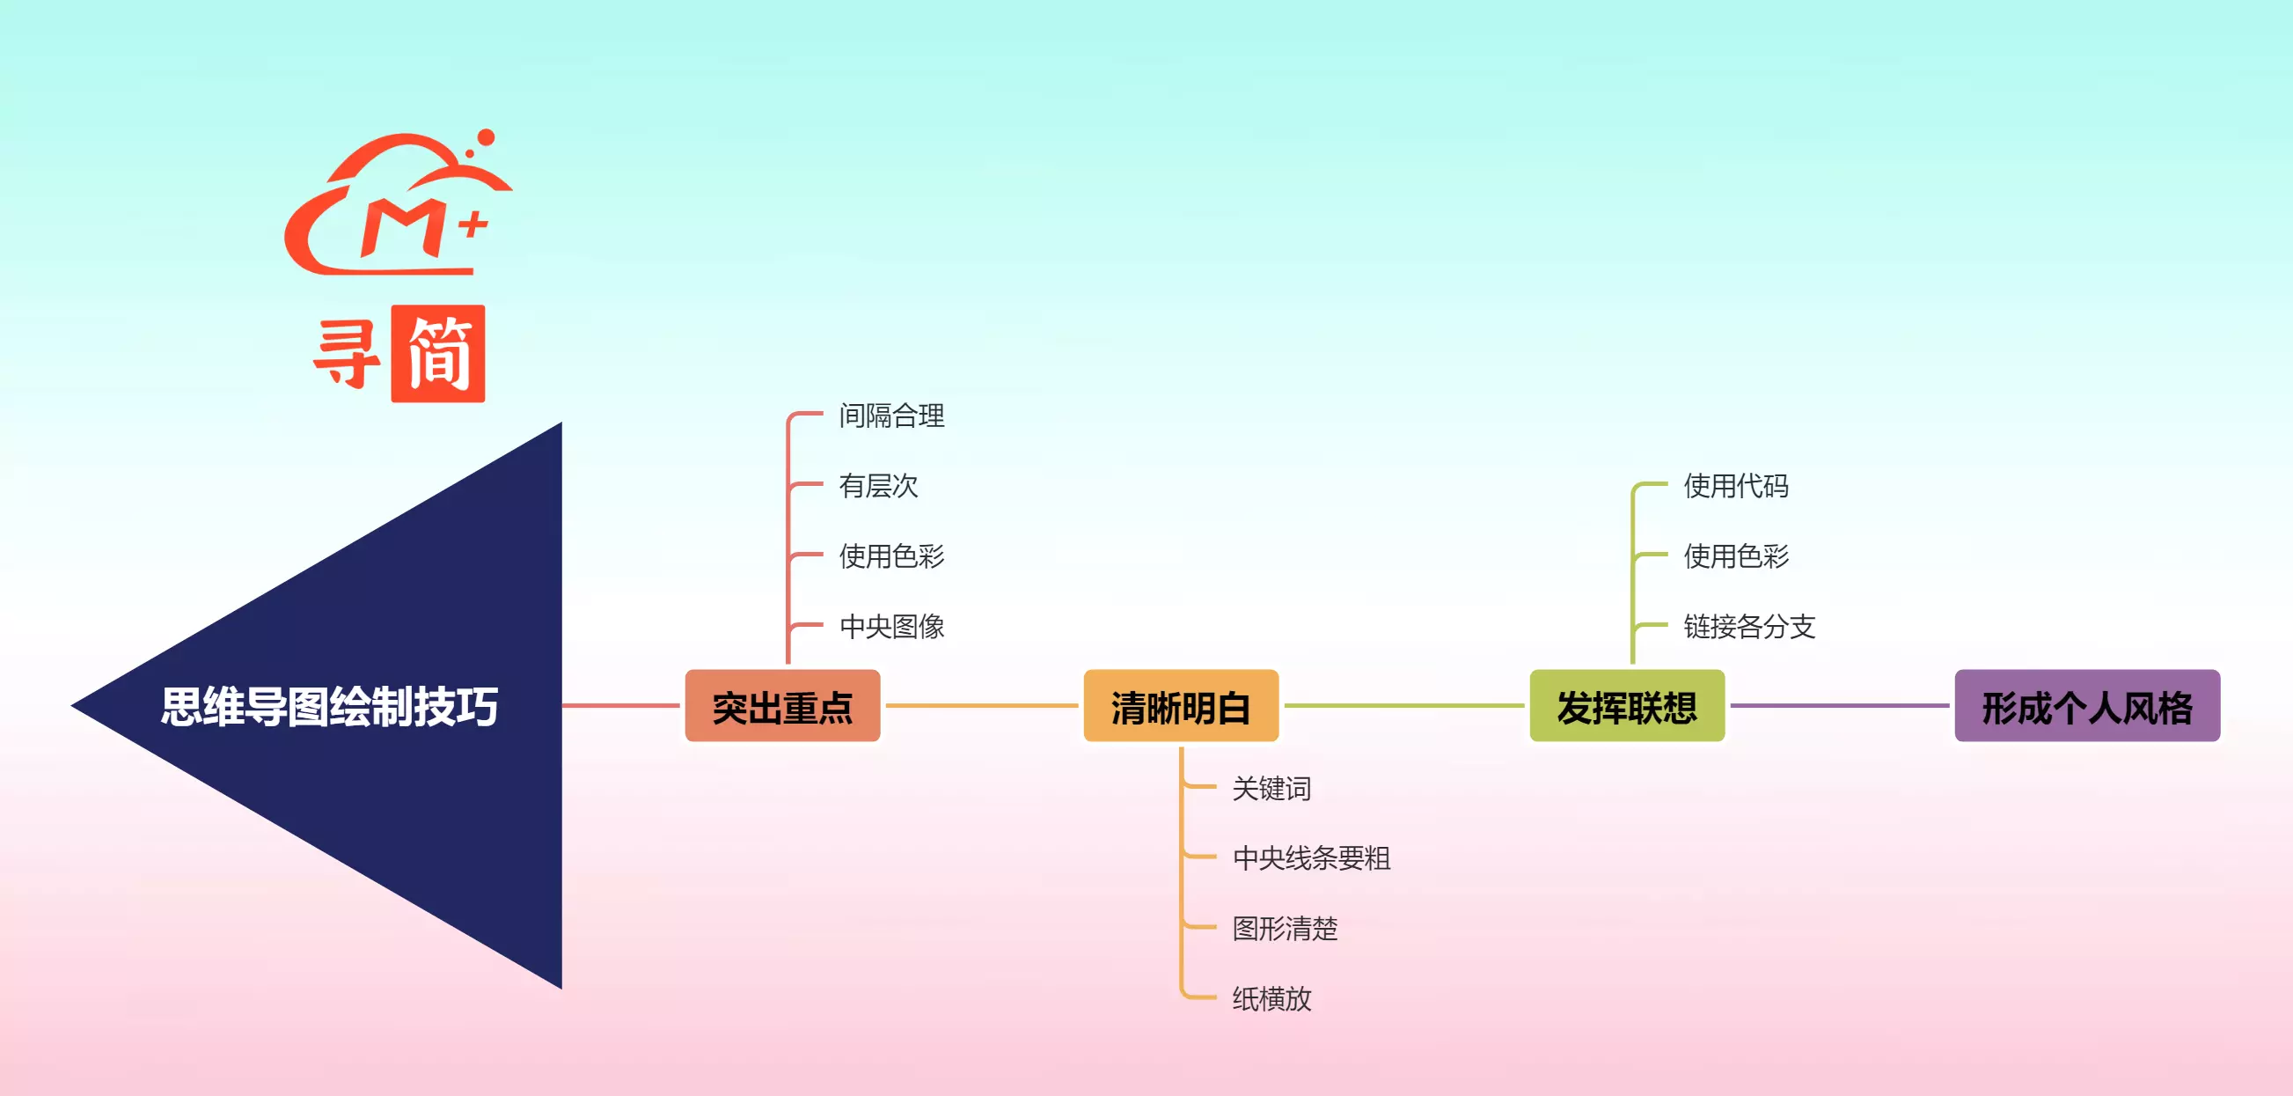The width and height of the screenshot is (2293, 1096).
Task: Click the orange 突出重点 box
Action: [782, 706]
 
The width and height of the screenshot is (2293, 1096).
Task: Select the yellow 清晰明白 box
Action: [1180, 706]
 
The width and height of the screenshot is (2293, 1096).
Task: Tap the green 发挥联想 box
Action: [1626, 706]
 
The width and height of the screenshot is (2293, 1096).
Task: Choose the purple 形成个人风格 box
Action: [2086, 706]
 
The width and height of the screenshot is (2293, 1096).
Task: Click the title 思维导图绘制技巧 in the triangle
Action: [329, 707]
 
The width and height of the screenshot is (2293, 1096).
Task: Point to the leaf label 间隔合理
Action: [891, 416]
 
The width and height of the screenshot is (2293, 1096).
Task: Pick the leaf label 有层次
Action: [877, 486]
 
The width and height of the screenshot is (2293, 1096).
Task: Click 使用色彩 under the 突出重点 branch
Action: [891, 556]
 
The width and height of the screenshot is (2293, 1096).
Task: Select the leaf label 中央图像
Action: [891, 627]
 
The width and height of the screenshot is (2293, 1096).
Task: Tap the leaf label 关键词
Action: [1271, 789]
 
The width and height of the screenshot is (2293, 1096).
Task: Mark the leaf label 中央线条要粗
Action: [1311, 858]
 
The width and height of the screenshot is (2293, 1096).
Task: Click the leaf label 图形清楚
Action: [1285, 929]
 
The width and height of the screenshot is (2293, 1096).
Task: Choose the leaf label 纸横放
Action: [1271, 999]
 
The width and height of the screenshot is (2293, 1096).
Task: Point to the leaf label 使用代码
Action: [1736, 486]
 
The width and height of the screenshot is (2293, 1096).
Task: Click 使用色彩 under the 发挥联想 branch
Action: [1736, 556]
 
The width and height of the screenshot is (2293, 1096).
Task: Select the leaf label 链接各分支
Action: [1749, 627]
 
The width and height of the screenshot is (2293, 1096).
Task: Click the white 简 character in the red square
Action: [438, 355]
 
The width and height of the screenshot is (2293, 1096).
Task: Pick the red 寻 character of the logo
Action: [347, 355]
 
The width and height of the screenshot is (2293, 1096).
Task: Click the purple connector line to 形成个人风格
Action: [1839, 706]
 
